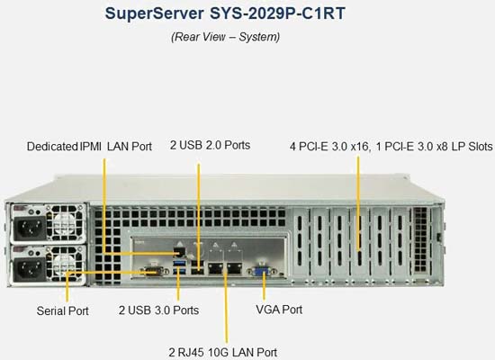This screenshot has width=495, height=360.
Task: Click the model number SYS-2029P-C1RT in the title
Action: (277, 13)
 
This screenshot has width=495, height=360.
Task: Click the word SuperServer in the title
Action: (155, 13)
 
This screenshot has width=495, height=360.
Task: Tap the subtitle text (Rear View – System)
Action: (225, 37)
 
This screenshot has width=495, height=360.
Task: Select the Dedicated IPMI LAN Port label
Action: (89, 147)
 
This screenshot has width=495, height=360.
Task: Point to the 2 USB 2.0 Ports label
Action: (211, 145)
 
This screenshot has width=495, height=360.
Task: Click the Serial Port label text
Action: (62, 311)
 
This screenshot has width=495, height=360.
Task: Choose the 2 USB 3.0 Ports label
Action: (158, 310)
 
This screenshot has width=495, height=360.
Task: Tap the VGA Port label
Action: (279, 310)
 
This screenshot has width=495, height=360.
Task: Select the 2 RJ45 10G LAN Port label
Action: (223, 353)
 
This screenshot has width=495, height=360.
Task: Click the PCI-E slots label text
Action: (391, 147)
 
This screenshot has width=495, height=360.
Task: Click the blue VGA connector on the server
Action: (261, 271)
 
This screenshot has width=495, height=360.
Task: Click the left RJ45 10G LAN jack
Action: (216, 268)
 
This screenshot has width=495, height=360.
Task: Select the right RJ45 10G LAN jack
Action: (234, 268)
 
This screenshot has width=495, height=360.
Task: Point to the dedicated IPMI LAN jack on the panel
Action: (180, 252)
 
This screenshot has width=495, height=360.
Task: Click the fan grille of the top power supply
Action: (66, 222)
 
